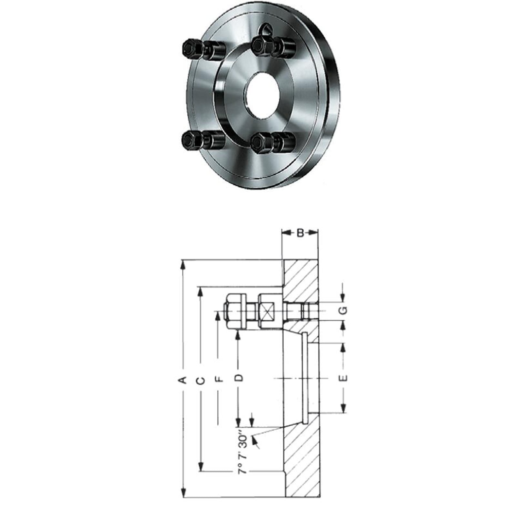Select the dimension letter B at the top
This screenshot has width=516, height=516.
point(300,233)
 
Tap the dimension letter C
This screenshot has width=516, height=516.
point(200,381)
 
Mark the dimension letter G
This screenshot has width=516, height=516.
point(344,310)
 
